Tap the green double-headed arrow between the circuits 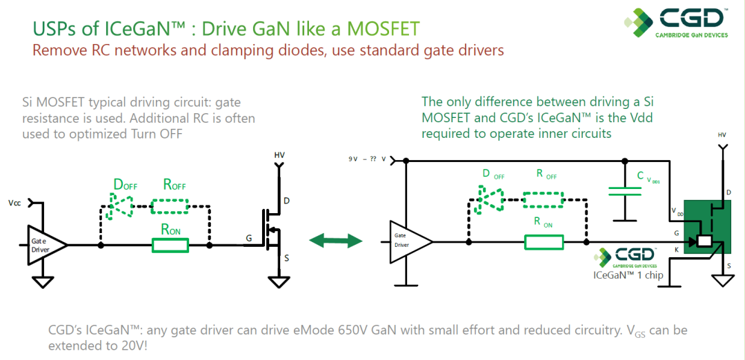(336, 240)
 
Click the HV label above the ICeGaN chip (722, 135)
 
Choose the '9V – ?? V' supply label (368, 160)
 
